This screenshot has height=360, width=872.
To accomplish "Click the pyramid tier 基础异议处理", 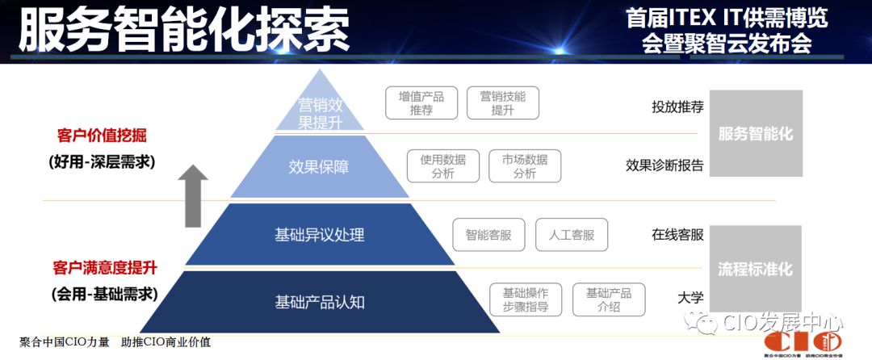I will point(320,235).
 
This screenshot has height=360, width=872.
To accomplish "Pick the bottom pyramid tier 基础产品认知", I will point(320,302).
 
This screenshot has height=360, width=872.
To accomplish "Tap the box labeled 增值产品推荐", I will point(421,103).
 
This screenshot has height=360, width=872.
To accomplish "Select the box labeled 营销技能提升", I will point(502,103).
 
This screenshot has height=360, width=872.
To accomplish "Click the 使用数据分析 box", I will point(442,166).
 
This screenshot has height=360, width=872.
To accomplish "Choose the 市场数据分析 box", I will point(524,166).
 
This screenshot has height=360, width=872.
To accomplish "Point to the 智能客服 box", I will point(488,235).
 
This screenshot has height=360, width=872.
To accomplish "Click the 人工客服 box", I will point(571,235).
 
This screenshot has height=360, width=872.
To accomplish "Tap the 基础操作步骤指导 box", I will point(526,299).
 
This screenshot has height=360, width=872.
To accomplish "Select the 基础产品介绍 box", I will point(609,299).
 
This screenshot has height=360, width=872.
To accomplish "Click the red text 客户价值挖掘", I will point(103,136).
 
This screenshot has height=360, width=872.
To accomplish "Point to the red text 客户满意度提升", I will point(103,267).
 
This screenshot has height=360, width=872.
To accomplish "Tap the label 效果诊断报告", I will point(664,165).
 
